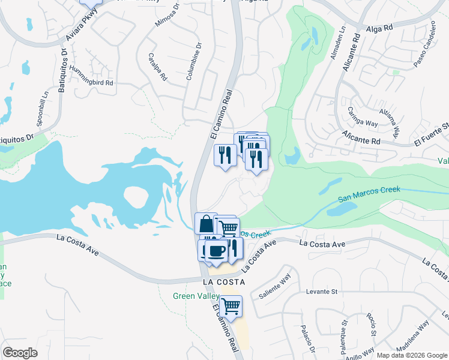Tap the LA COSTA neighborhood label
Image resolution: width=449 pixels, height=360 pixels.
point(224,281)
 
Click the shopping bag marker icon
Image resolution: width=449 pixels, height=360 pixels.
point(206,224)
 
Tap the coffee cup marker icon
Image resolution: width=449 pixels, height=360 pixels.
point(216,251)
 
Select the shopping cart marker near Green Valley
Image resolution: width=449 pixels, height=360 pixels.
point(231,307)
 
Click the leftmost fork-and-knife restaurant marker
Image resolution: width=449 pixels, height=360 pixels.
point(225,156)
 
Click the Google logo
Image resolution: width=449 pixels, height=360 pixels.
point(20,353)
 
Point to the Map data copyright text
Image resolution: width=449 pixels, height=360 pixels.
point(411,355)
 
